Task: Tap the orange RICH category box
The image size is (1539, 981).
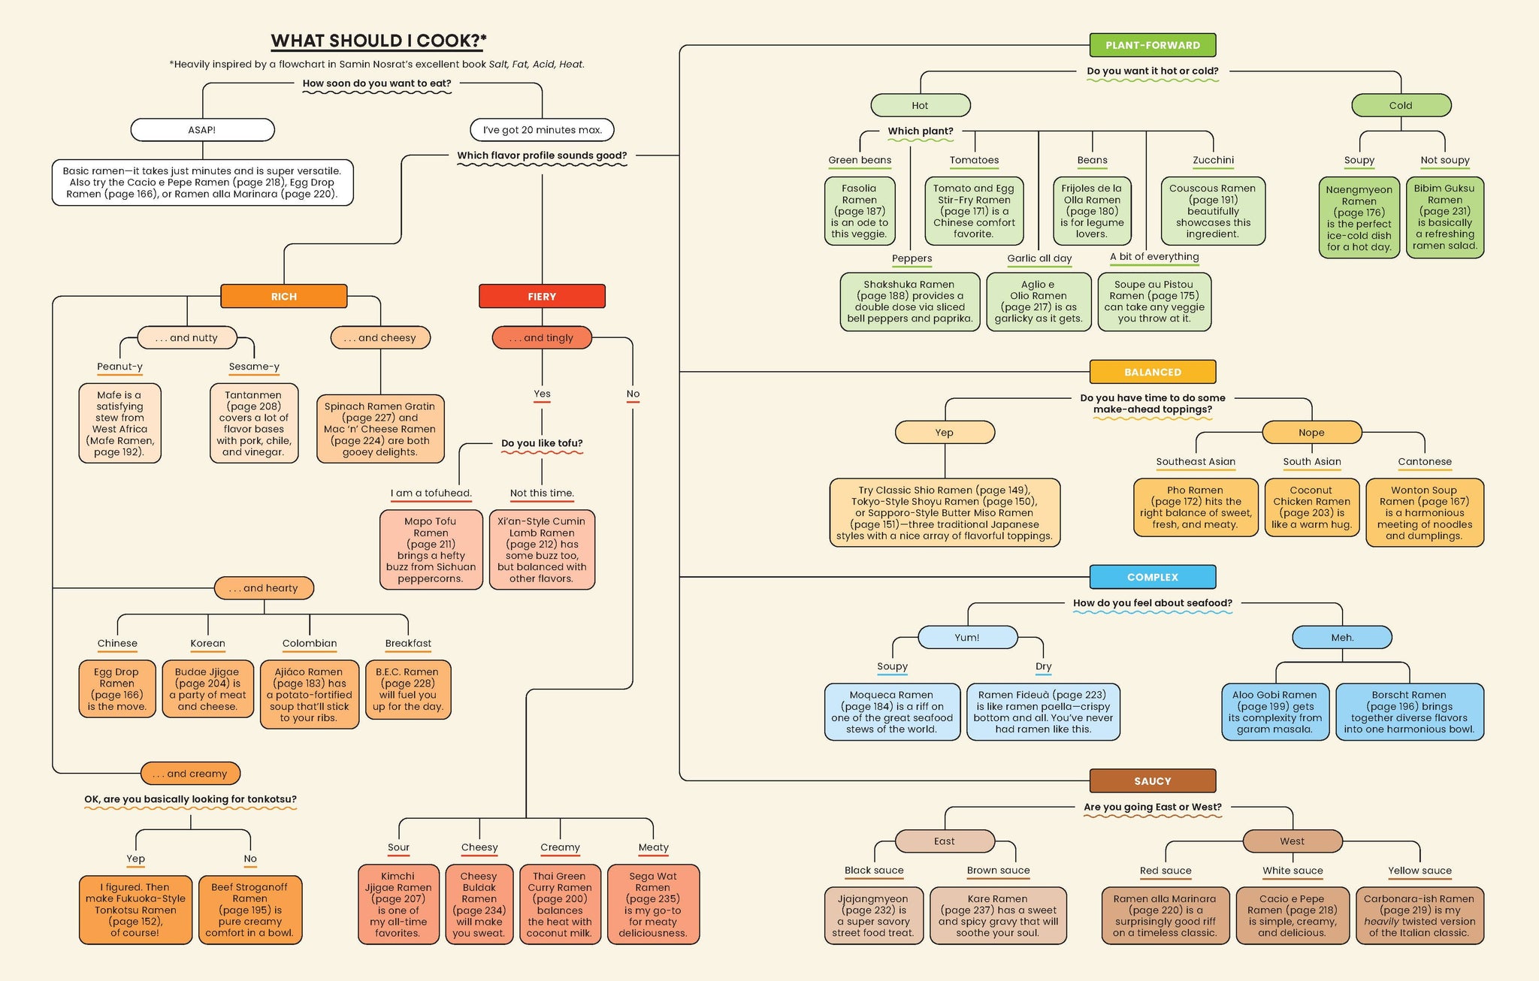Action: (284, 296)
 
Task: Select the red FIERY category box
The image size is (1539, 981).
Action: (542, 296)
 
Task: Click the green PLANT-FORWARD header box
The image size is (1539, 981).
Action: (1152, 45)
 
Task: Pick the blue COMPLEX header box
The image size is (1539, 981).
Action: (1152, 577)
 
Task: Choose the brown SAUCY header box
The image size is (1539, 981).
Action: (1152, 780)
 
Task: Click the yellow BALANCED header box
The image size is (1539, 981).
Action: (1152, 372)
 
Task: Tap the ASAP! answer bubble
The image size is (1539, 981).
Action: (202, 130)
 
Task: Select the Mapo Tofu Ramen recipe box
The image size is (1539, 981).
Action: (431, 550)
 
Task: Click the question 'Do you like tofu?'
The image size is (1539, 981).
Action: (542, 443)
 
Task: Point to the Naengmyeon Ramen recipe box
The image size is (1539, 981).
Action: (1359, 218)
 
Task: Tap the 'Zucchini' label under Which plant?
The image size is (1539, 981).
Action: (1213, 160)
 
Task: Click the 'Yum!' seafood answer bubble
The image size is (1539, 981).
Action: (967, 637)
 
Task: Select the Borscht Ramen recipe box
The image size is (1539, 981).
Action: (1409, 711)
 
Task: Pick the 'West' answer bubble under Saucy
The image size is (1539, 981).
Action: (1292, 841)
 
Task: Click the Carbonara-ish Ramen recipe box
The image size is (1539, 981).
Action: (1419, 916)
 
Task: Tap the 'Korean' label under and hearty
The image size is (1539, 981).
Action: (207, 643)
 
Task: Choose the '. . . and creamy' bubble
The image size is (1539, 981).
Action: (190, 773)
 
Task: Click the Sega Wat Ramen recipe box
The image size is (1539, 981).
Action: (653, 904)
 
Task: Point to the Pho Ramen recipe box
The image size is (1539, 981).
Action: (1195, 507)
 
